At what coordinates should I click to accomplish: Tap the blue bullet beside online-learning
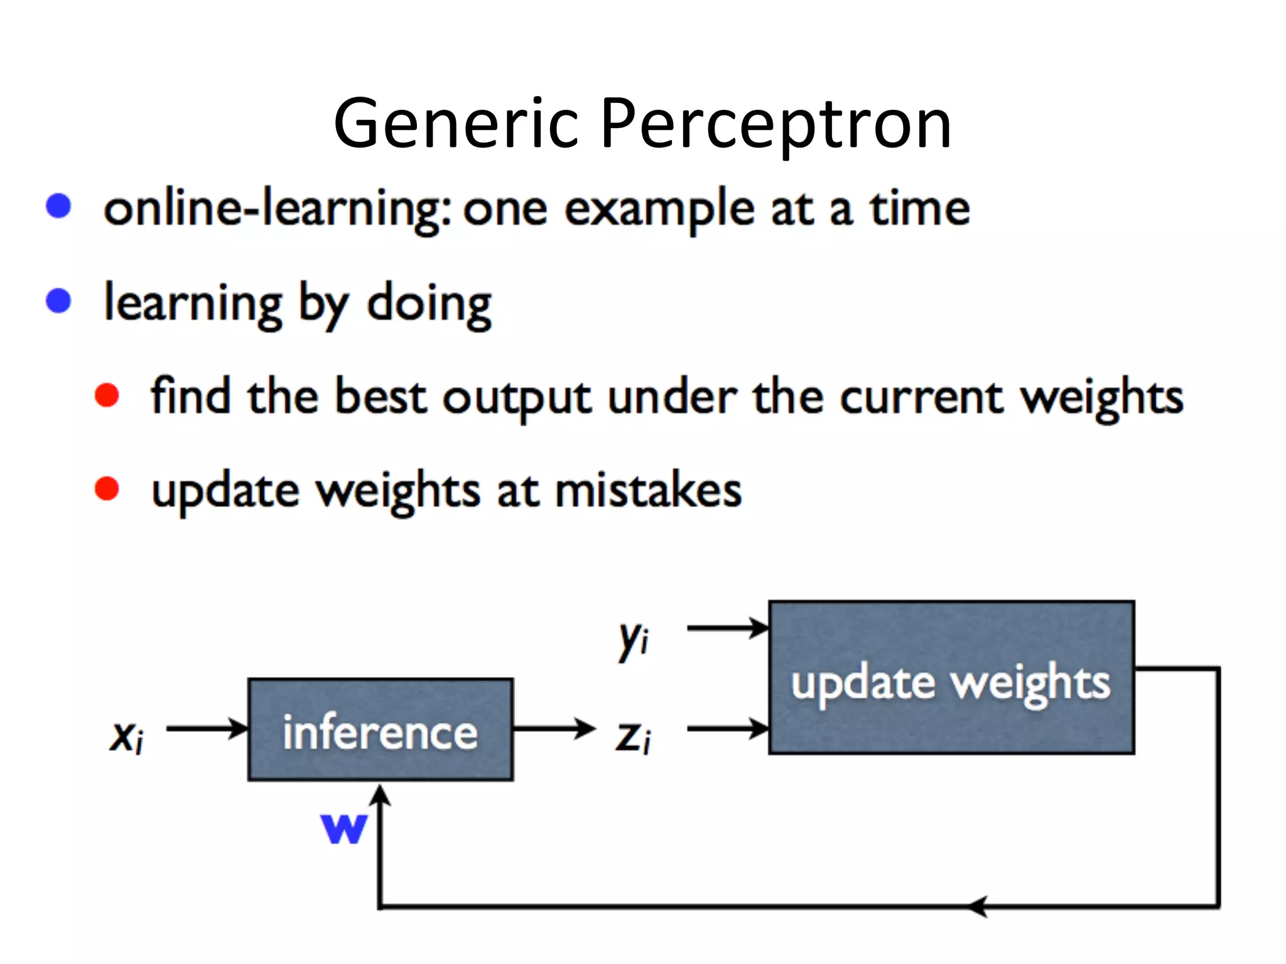59,206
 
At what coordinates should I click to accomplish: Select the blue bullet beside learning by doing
59,301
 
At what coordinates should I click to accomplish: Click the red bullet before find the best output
107,395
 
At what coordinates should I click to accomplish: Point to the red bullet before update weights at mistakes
107,489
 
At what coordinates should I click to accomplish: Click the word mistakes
648,491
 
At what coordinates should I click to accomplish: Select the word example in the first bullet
659,210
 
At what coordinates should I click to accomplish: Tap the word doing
429,304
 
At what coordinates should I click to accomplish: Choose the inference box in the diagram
381,730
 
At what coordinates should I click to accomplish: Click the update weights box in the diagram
951,678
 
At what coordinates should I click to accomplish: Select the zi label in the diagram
633,736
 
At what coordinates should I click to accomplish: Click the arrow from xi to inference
207,729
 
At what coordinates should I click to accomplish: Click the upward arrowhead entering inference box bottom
380,796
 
